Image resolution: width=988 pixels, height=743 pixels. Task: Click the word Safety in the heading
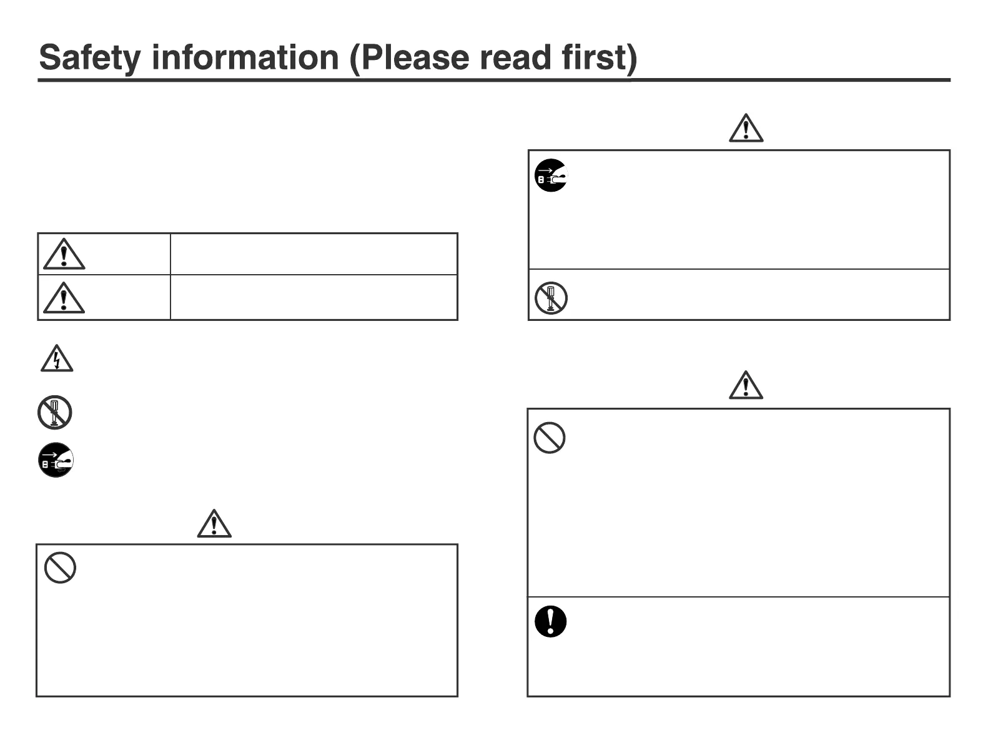tap(90, 57)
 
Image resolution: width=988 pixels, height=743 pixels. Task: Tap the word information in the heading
tap(245, 57)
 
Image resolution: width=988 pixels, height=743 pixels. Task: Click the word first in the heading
tap(598, 57)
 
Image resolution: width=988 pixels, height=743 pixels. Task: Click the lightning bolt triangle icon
tap(57, 359)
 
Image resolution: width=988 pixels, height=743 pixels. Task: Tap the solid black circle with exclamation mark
tap(550, 621)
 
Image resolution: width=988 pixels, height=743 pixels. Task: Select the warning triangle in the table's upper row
tap(64, 254)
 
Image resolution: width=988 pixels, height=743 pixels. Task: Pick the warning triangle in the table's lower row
tap(64, 297)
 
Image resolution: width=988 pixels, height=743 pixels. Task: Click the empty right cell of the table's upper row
tap(314, 254)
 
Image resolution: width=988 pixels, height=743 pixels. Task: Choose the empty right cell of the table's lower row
tap(314, 297)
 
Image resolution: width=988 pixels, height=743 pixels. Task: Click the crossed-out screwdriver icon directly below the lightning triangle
tap(55, 413)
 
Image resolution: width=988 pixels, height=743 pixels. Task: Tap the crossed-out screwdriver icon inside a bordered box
tap(551, 298)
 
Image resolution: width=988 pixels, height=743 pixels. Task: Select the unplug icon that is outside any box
tap(56, 460)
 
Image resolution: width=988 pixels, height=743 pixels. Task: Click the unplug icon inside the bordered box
tap(551, 175)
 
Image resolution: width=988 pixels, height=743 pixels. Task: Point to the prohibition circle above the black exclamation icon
tap(550, 438)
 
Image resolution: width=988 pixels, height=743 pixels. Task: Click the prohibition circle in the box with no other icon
tap(60, 568)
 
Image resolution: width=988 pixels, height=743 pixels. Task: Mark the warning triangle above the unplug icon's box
tap(746, 129)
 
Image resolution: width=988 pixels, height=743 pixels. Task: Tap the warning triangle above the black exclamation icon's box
tap(746, 385)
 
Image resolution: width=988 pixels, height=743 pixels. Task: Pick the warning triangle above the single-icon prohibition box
tap(214, 524)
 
